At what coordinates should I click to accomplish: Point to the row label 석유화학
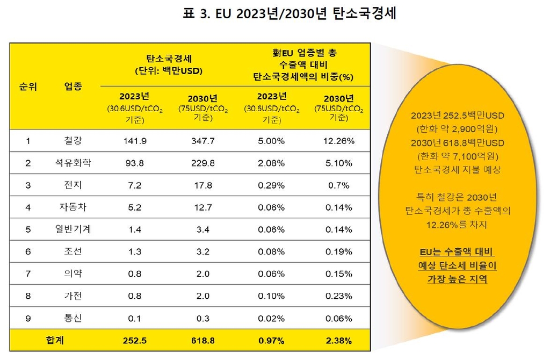tap(73, 163)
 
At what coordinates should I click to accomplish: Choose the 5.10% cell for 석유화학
tap(338, 163)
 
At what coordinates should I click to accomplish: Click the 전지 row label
tap(73, 185)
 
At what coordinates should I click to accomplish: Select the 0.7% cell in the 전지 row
tap(338, 185)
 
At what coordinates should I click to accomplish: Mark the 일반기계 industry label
tap(73, 229)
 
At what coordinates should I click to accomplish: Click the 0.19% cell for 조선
tap(338, 251)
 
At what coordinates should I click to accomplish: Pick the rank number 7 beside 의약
tap(27, 273)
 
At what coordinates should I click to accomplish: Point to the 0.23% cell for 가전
tap(338, 296)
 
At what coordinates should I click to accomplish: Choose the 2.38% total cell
tap(338, 340)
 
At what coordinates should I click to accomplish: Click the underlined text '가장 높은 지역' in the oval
tap(457, 279)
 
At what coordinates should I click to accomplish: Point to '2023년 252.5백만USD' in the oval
tap(457, 116)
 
